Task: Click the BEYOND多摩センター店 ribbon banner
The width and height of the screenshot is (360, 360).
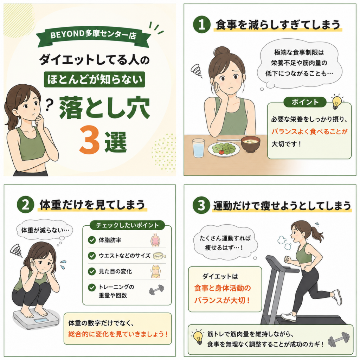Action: pos(93,37)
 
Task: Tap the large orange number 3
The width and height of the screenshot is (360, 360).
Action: pos(89,140)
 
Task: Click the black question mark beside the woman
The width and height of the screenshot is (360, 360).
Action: pos(49,105)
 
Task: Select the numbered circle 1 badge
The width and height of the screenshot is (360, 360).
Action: pos(201,24)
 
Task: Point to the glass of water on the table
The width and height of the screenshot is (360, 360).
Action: pos(198,148)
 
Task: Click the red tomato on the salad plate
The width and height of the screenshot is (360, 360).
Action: pos(221,152)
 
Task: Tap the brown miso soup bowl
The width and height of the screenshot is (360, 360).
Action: pos(250,144)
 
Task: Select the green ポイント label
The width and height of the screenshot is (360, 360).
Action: pos(305,102)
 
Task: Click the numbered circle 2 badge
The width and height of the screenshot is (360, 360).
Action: pos(25,204)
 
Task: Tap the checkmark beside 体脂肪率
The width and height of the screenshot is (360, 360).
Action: pos(92,240)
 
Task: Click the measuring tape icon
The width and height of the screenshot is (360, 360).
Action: pos(159,256)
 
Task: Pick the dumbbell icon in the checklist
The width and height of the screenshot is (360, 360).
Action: pos(156,290)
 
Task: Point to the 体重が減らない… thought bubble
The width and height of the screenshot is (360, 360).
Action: pos(45,230)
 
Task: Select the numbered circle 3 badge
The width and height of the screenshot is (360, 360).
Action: pos(201,205)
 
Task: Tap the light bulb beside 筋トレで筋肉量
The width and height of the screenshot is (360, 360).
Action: pos(198,337)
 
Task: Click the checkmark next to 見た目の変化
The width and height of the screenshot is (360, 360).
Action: pos(92,271)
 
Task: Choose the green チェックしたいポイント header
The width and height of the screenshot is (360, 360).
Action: pos(127,225)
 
